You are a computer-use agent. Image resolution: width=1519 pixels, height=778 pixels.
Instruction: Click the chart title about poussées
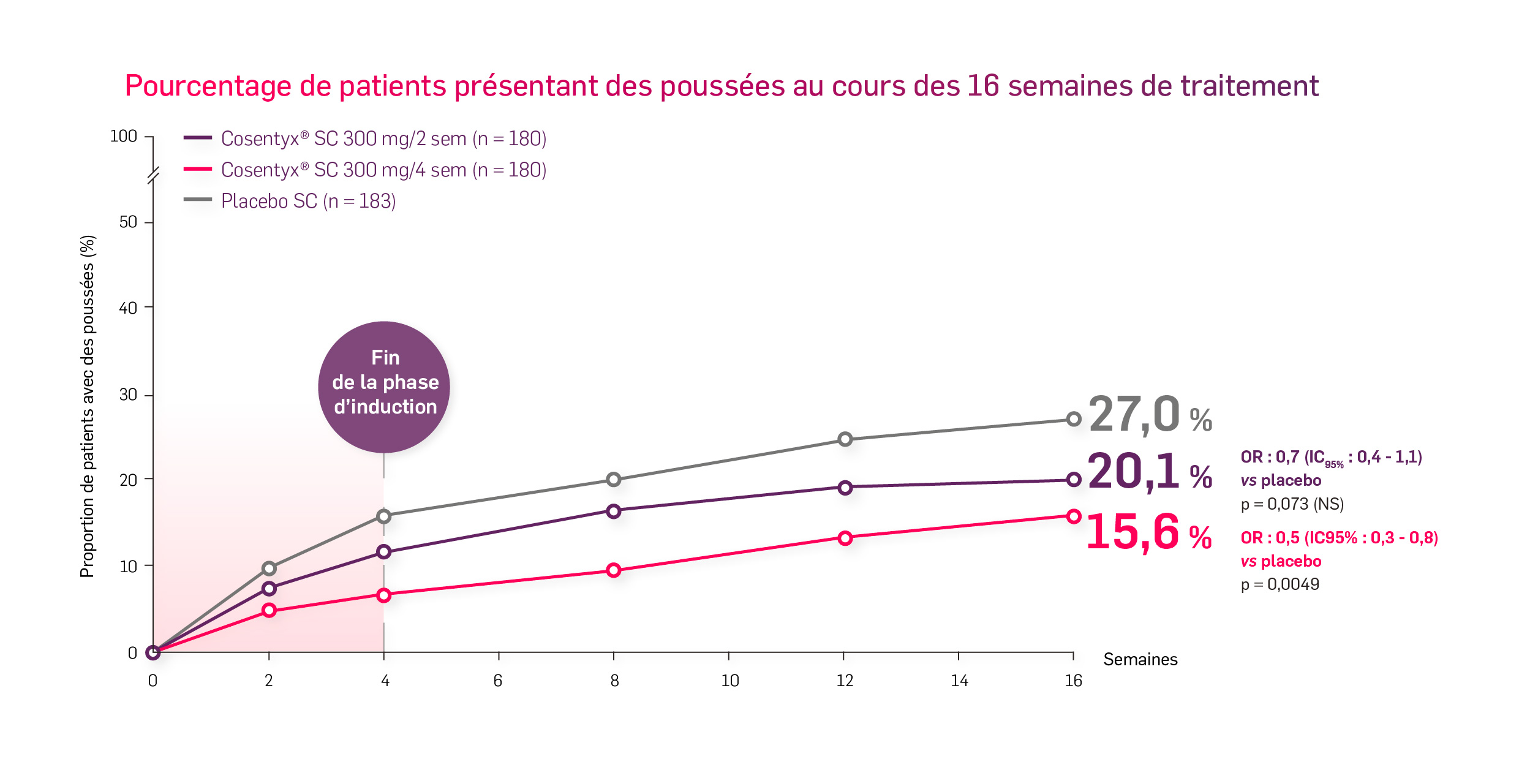pos(722,86)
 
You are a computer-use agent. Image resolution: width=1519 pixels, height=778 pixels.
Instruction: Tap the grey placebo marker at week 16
pos(1073,420)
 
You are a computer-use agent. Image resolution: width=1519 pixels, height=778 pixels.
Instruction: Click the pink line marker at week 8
pos(614,570)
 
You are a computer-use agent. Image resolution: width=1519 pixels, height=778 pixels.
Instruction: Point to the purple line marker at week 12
pos(845,488)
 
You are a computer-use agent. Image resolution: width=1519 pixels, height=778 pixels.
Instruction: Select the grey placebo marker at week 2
pos(269,568)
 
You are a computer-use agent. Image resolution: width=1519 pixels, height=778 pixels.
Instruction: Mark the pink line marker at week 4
pos(384,595)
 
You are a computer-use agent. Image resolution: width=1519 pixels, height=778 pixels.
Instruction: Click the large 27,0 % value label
pos(1149,415)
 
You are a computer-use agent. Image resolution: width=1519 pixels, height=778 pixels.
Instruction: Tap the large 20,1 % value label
pos(1149,472)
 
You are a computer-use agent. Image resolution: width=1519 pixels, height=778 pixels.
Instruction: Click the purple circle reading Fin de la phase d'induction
pos(384,387)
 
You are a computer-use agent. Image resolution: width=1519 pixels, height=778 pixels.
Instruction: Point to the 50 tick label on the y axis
pos(128,222)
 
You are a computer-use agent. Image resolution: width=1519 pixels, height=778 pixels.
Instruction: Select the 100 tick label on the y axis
pos(123,137)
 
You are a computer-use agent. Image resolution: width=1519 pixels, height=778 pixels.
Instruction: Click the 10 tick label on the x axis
pos(729,681)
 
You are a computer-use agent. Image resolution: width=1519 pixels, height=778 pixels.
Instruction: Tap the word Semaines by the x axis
pos(1140,660)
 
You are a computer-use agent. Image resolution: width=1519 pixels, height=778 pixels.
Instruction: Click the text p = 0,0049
pos(1280,584)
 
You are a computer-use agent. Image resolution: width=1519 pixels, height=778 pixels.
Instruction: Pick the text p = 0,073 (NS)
pos(1292,504)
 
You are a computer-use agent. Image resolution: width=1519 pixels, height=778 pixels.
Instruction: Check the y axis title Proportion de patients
pos(88,406)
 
